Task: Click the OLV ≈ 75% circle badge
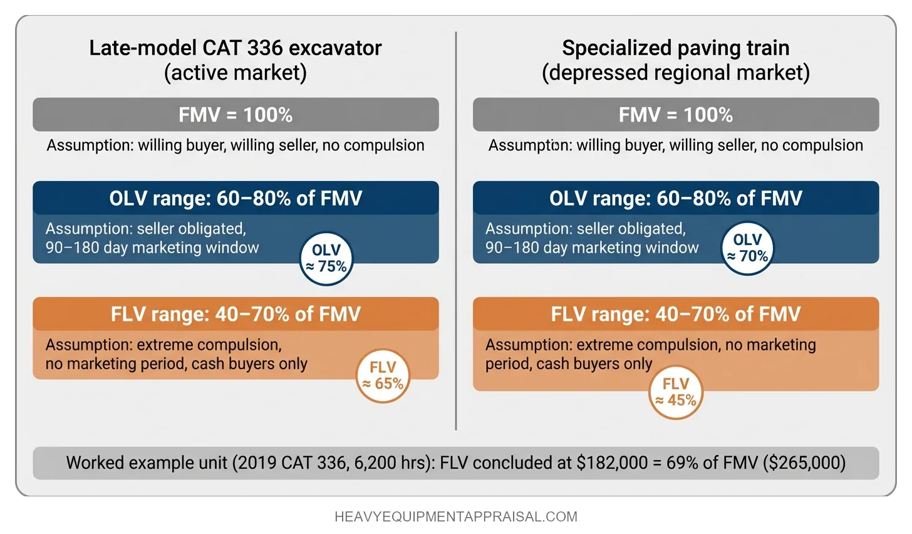[x=326, y=259]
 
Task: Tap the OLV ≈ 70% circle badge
[x=747, y=248]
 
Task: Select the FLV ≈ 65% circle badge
[x=383, y=375]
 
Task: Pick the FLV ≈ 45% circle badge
[x=675, y=392]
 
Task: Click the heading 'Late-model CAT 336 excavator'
[x=235, y=48]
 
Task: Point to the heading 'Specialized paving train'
[x=675, y=48]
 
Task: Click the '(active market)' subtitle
[x=235, y=73]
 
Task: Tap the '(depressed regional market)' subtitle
[x=675, y=73]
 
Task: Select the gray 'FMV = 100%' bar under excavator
[x=236, y=115]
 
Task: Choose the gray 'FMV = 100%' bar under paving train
[x=675, y=115]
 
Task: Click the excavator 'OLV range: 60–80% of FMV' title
[x=236, y=198]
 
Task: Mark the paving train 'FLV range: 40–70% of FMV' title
[x=675, y=313]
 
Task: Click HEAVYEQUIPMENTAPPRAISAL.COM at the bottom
[x=456, y=517]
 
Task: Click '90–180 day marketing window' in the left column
[x=152, y=248]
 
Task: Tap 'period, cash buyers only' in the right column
[x=569, y=364]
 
